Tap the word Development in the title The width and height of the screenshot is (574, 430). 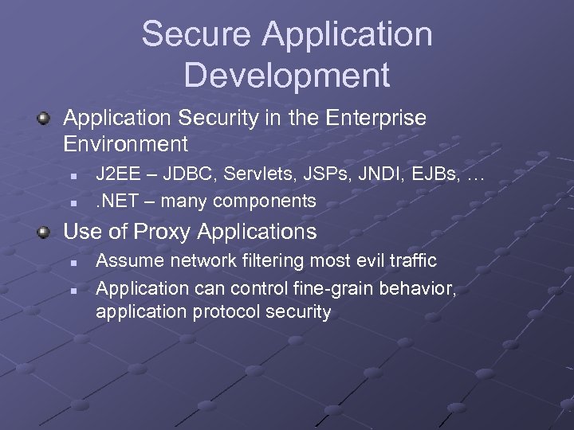point(287,75)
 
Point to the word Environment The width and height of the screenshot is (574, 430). point(125,144)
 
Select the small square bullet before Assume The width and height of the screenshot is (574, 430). point(72,261)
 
